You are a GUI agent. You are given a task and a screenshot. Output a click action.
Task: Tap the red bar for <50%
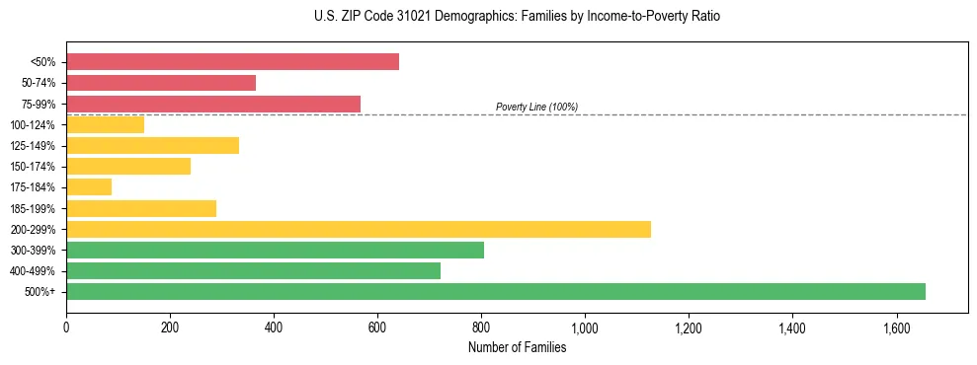click(x=232, y=61)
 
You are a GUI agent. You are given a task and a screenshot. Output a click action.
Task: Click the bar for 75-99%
click(x=213, y=104)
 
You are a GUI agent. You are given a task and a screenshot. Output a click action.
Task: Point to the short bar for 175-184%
click(x=89, y=187)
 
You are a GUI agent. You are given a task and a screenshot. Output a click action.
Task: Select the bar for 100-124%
click(x=106, y=124)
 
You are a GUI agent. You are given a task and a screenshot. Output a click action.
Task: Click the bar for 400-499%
click(x=253, y=270)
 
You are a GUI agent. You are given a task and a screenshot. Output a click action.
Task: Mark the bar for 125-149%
click(x=152, y=146)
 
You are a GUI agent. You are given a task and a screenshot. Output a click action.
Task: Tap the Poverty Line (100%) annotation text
click(x=536, y=107)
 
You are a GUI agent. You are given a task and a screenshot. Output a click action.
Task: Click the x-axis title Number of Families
click(x=517, y=347)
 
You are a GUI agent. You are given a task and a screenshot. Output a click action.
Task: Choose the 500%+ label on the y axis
click(x=41, y=292)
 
